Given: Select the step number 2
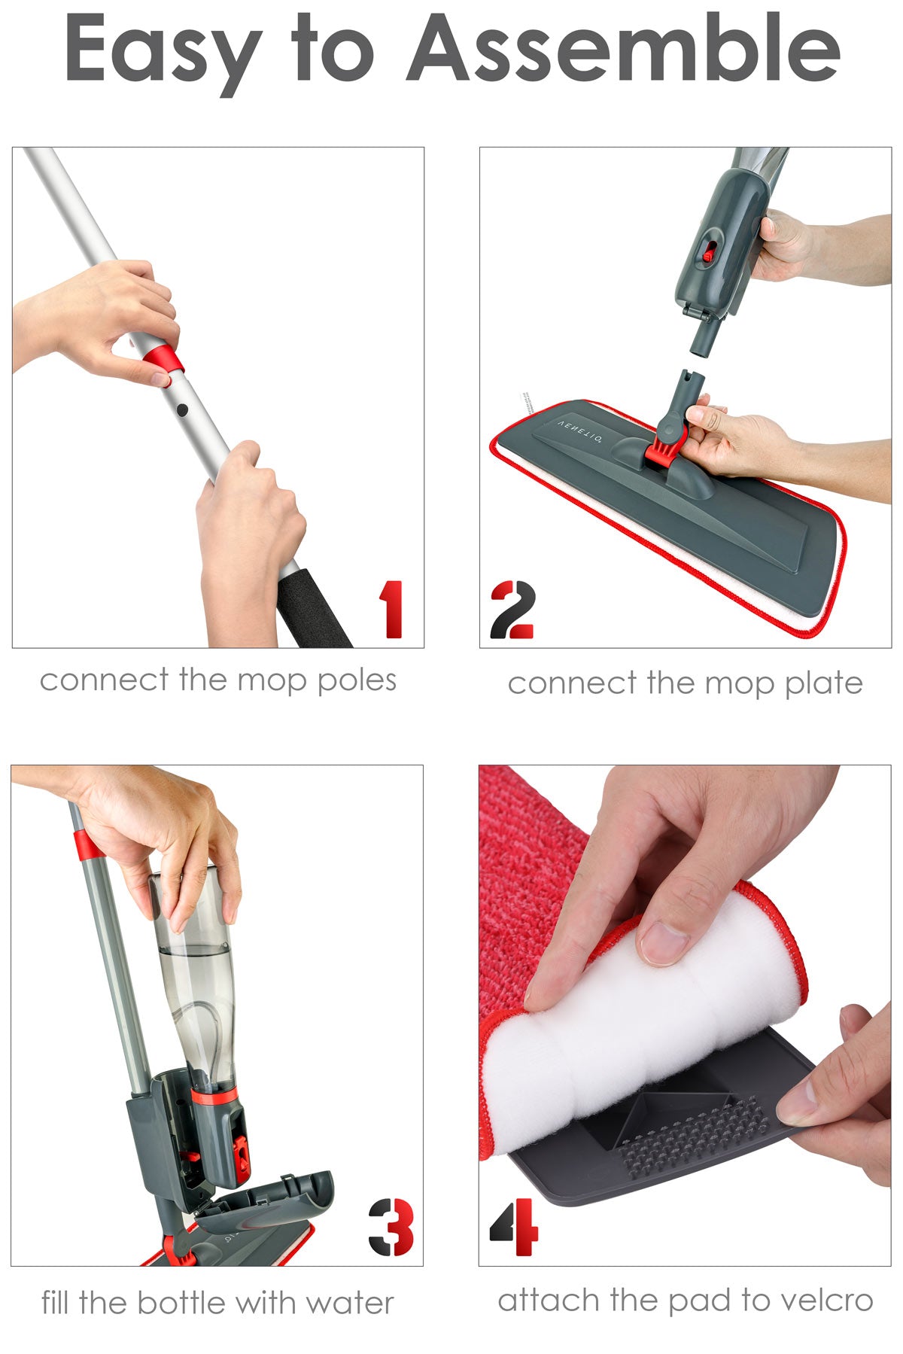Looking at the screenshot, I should [512, 610].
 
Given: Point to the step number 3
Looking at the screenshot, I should [391, 1227].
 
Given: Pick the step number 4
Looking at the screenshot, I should [515, 1227].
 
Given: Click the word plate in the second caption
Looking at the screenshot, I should [823, 684].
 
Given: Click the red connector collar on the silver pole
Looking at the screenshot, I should [165, 359].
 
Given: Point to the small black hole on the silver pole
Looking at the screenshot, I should [182, 410].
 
